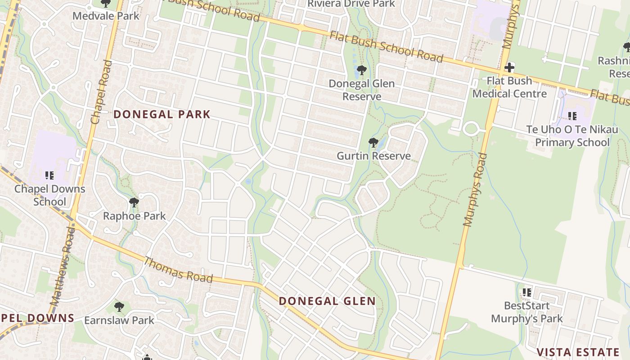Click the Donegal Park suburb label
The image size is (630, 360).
[162, 114]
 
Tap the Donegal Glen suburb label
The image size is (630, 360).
[327, 301]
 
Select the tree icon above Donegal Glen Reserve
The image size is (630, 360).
[361, 70]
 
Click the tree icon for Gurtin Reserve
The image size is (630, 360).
[373, 143]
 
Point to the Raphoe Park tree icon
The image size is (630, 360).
[134, 202]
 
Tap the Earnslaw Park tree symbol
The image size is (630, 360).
[119, 307]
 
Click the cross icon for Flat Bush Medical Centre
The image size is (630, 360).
[509, 67]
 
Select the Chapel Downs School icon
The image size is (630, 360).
[49, 175]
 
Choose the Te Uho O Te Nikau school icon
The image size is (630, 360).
[572, 116]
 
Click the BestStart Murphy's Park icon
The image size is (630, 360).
[527, 292]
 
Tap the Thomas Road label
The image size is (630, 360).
[178, 270]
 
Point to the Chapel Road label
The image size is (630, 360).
[101, 92]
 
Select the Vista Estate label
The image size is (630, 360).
[578, 352]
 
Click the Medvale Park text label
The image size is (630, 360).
[106, 16]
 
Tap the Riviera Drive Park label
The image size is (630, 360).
[351, 4]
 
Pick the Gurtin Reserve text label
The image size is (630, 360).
[374, 156]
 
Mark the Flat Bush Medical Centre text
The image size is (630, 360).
[509, 87]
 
